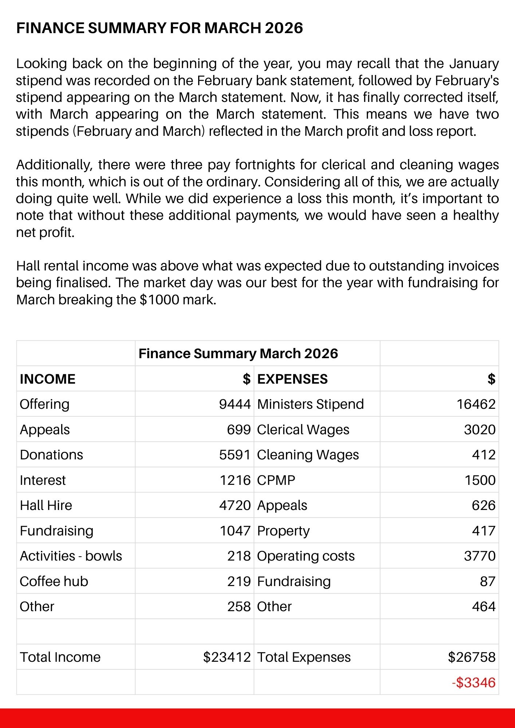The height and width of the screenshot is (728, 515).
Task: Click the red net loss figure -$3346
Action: (x=473, y=682)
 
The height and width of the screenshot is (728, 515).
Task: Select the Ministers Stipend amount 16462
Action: (x=476, y=404)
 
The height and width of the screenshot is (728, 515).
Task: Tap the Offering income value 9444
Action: (x=235, y=404)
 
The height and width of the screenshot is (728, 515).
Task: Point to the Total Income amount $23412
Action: (x=227, y=657)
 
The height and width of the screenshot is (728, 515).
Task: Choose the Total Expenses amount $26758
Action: (x=472, y=657)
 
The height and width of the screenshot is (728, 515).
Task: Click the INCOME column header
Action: (x=47, y=379)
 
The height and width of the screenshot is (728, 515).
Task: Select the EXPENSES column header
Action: (x=292, y=379)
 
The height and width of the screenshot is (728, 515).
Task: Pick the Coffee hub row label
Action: (x=54, y=581)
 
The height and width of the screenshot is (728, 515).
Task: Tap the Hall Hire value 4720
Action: (x=235, y=505)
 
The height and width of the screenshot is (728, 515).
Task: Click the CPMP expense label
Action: (x=276, y=480)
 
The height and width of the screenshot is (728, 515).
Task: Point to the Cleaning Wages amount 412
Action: (x=484, y=455)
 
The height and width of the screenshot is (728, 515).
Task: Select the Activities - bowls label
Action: (x=71, y=556)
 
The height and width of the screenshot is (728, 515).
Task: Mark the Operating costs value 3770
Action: (x=480, y=556)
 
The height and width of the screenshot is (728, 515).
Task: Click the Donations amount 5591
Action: (x=235, y=455)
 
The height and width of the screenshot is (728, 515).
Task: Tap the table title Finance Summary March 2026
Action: (x=238, y=353)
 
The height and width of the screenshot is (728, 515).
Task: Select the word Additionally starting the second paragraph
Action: (x=52, y=165)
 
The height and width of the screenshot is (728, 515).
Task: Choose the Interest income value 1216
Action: (x=235, y=480)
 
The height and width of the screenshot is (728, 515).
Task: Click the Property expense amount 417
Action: (x=484, y=531)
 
